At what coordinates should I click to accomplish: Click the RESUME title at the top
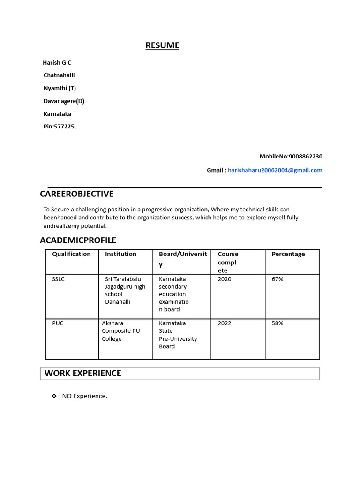click(x=162, y=45)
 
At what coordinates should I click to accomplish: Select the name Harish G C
click(x=57, y=63)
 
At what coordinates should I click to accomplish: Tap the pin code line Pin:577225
click(x=60, y=127)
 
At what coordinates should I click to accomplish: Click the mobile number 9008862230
click(x=306, y=156)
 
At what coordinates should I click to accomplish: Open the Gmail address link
click(x=275, y=170)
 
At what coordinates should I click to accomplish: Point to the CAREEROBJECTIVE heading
click(x=77, y=194)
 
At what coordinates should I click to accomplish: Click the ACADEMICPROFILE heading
click(x=78, y=240)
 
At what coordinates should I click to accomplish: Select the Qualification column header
click(x=71, y=254)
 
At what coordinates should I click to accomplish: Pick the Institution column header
click(x=120, y=254)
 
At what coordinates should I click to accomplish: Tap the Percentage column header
click(x=288, y=254)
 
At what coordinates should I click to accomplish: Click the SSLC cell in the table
click(x=59, y=279)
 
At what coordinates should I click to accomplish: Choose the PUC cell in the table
click(x=58, y=323)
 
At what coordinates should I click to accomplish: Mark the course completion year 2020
click(x=225, y=279)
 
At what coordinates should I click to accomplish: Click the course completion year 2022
click(x=225, y=323)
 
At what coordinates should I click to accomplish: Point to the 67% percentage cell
click(x=277, y=279)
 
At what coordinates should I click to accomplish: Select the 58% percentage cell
click(x=277, y=323)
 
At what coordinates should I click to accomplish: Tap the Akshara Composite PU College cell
click(x=121, y=331)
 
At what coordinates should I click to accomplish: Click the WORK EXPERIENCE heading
click(x=83, y=373)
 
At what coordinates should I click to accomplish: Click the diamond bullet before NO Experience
click(x=54, y=396)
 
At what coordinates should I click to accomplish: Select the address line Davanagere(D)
click(x=64, y=101)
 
